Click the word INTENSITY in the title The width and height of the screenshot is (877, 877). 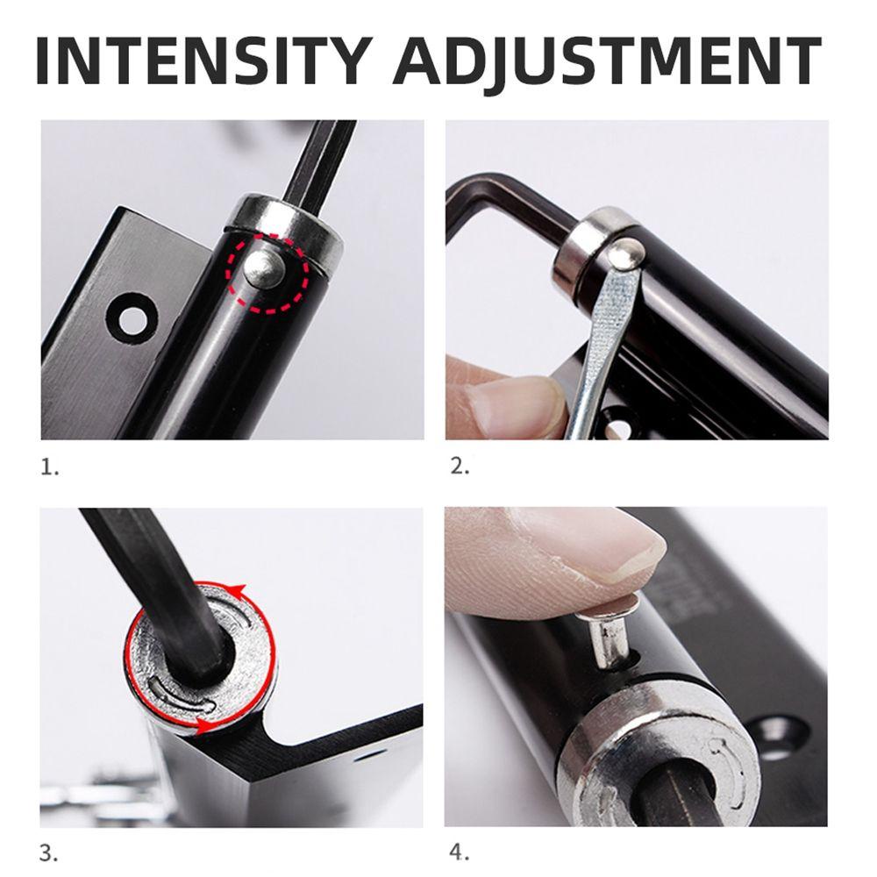204,61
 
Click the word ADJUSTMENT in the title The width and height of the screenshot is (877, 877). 607,61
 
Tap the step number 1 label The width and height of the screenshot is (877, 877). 49,467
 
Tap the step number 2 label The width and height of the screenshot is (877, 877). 460,466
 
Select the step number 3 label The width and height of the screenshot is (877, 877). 49,854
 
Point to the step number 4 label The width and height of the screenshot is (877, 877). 460,853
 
